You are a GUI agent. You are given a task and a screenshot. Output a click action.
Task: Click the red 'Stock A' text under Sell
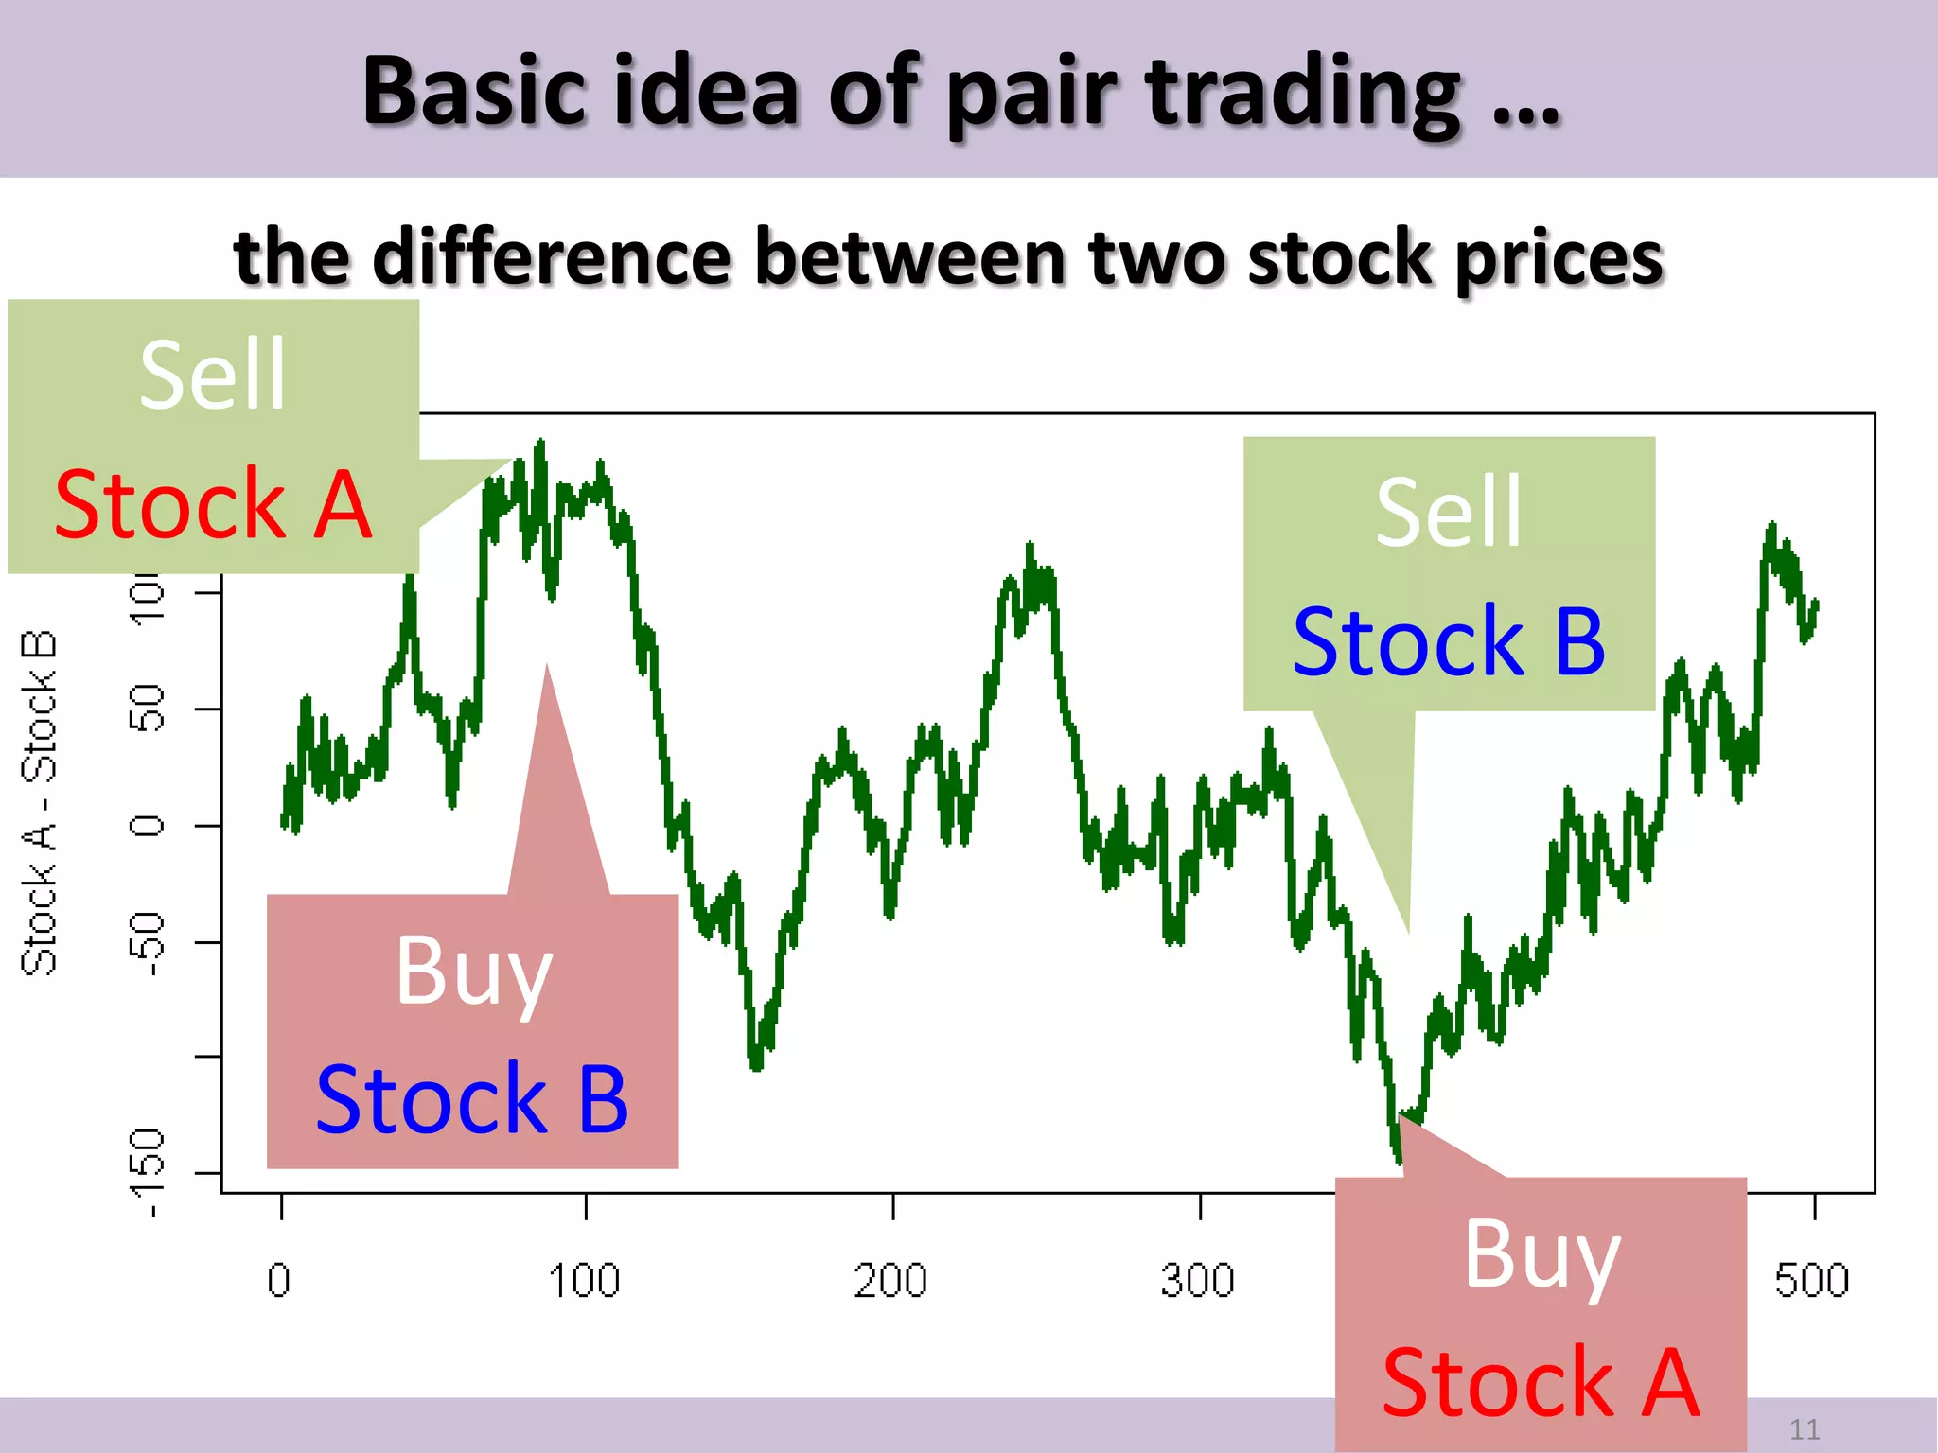coord(213,505)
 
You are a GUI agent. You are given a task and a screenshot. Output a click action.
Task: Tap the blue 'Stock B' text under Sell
coord(1449,642)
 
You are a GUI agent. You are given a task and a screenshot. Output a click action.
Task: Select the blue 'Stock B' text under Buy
coord(472,1099)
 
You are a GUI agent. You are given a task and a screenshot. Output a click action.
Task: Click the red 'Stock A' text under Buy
coord(1541,1383)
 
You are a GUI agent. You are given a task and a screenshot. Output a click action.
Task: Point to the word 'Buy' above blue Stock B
coord(473,971)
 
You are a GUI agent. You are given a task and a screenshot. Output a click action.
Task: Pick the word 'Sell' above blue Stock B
coord(1449,513)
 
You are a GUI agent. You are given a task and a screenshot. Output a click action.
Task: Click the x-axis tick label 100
coord(584,1281)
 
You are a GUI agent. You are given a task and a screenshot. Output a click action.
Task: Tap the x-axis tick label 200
coord(890,1281)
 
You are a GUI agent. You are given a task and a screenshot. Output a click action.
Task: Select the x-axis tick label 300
coord(1198,1281)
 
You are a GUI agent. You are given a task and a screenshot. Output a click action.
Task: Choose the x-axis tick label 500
coord(1811,1281)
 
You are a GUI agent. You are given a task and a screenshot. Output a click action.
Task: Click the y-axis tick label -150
coord(148,1173)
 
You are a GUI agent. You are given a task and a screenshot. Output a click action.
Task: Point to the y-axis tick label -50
coord(148,943)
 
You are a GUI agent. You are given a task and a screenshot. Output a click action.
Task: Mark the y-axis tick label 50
coord(148,709)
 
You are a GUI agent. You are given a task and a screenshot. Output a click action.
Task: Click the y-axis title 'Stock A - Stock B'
coord(40,802)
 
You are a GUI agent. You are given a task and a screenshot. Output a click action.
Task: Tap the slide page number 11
coord(1805,1428)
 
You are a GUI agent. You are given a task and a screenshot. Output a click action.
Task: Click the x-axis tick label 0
coord(279,1281)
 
